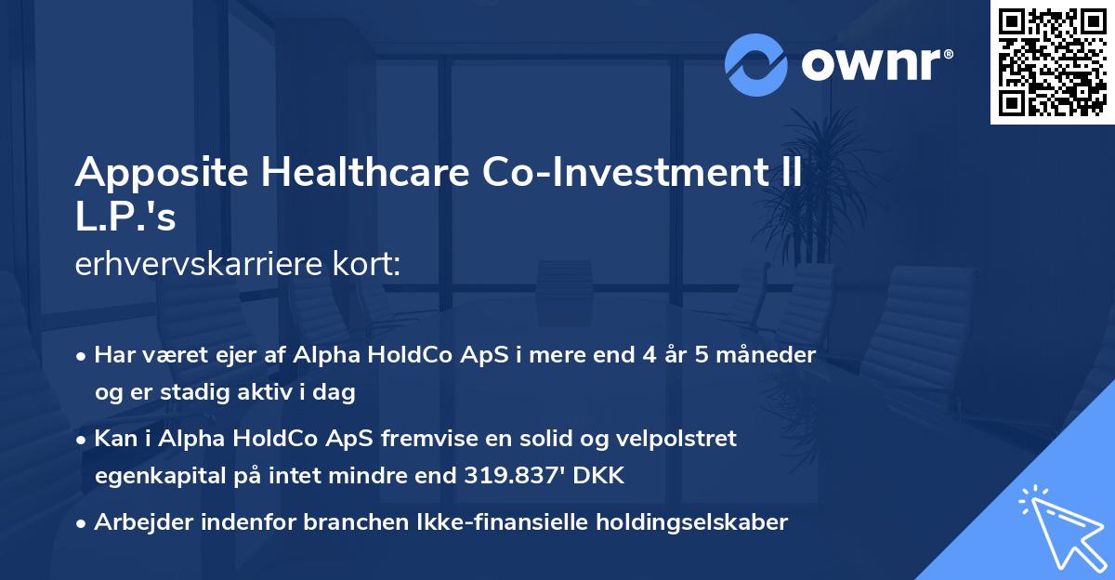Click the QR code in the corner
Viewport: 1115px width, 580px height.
click(x=1052, y=61)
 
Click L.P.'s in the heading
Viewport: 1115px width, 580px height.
click(x=125, y=218)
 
